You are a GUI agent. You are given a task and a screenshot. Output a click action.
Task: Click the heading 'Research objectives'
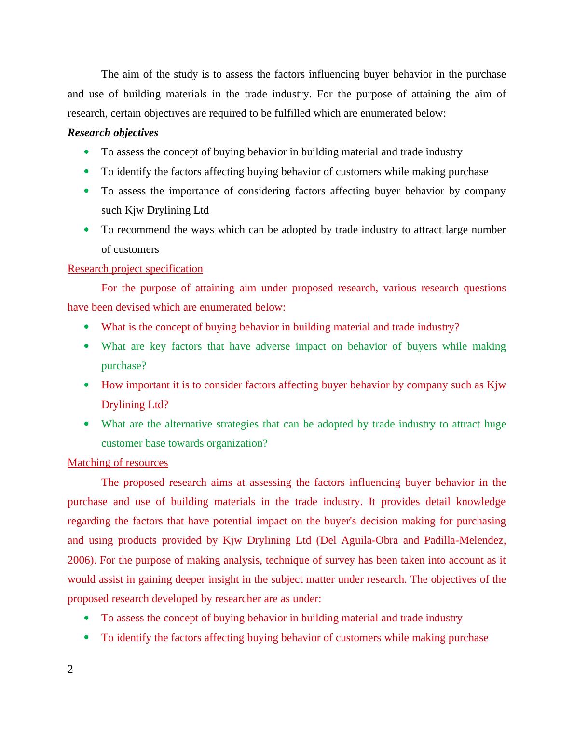(x=113, y=133)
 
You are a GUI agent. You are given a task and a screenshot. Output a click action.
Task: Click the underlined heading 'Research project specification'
(x=135, y=269)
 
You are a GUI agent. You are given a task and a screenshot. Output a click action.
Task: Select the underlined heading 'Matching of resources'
(x=118, y=463)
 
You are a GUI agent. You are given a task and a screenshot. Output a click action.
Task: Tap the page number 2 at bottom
(x=70, y=669)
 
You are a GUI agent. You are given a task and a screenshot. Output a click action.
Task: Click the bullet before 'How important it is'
(x=86, y=385)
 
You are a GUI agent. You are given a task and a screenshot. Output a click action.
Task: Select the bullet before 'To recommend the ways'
(x=86, y=230)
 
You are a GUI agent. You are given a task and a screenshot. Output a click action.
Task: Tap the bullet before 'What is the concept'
(x=86, y=327)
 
